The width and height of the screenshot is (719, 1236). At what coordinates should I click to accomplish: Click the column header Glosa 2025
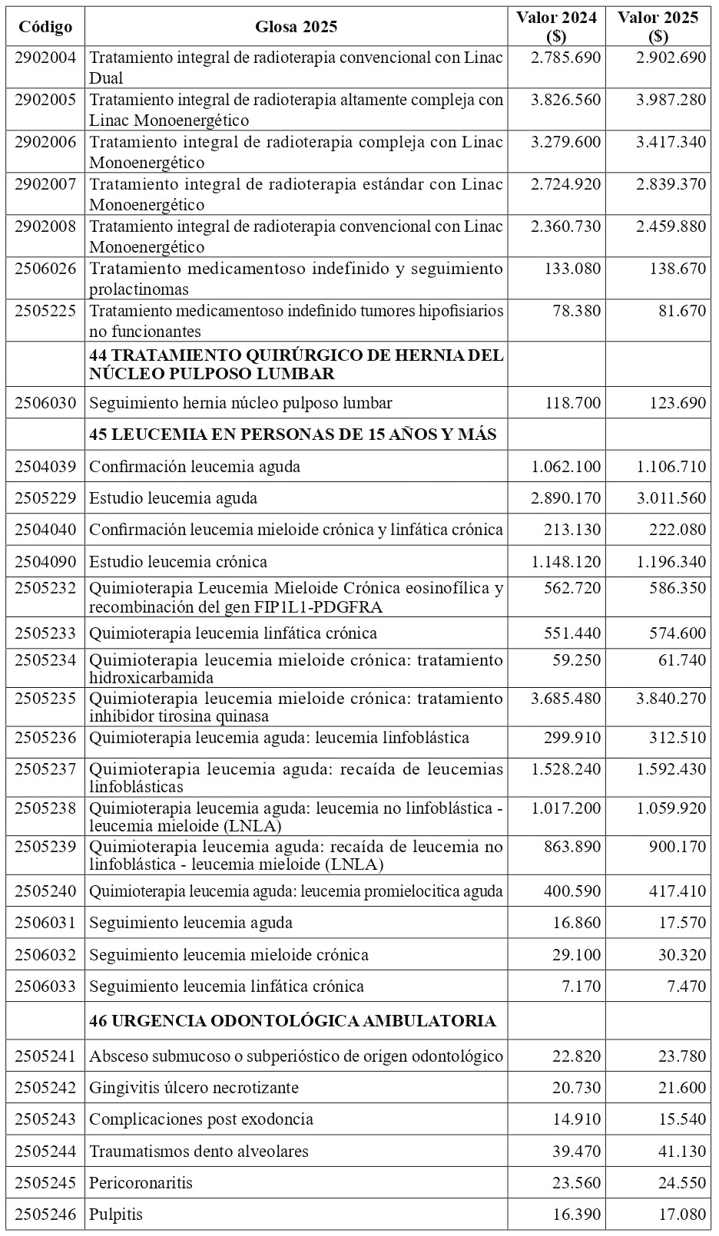[296, 27]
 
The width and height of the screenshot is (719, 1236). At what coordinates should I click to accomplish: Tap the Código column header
[45, 27]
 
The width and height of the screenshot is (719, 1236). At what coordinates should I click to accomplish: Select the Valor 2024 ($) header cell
[556, 27]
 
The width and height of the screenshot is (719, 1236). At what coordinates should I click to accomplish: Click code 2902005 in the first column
[45, 100]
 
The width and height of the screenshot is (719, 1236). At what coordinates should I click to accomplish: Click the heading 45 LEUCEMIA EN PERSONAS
[293, 435]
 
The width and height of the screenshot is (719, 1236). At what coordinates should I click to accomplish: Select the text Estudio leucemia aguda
[174, 498]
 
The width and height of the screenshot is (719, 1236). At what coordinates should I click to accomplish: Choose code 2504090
[45, 562]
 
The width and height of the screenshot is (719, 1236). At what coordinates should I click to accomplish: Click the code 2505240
[45, 891]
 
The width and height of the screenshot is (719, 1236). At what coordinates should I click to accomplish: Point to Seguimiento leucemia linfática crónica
[227, 986]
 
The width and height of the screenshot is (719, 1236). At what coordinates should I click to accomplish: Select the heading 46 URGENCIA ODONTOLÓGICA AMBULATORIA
[293, 1021]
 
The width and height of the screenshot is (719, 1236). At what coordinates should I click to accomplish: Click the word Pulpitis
[116, 1215]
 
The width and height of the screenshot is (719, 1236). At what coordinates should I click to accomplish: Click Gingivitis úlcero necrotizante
[194, 1088]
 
